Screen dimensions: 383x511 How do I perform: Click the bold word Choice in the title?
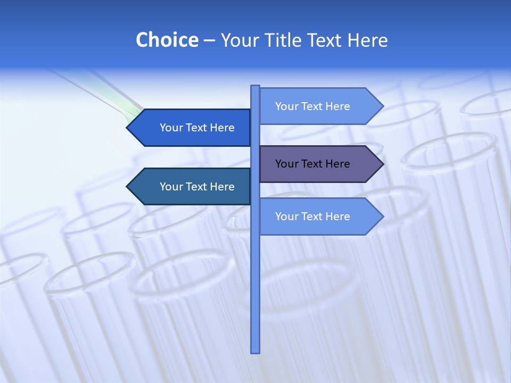(167, 40)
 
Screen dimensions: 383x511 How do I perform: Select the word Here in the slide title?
(367, 40)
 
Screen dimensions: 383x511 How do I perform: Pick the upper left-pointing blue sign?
(192, 128)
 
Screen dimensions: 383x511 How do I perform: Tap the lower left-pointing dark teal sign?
(192, 187)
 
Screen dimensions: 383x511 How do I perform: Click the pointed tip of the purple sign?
(382, 164)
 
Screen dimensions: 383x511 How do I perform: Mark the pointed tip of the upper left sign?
(128, 128)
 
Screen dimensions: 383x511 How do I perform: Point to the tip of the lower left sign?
(128, 187)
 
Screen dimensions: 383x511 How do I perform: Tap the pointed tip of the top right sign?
(382, 106)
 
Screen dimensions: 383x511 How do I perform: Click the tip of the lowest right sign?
(382, 217)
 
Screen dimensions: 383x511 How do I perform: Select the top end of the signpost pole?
(255, 88)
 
